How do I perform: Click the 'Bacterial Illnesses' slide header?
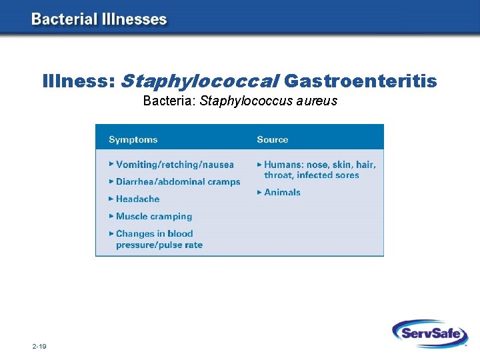click(x=99, y=19)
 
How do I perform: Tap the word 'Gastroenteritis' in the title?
click(x=361, y=81)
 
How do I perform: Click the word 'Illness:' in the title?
click(x=79, y=81)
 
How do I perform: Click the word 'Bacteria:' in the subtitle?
click(x=169, y=101)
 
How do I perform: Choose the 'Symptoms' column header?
click(x=133, y=139)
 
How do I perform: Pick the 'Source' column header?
click(x=273, y=139)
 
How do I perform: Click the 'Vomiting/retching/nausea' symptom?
click(x=175, y=165)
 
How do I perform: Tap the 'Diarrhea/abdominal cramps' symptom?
click(x=178, y=181)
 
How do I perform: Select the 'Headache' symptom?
click(x=138, y=199)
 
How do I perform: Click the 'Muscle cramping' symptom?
click(x=154, y=216)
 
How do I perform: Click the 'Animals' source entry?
click(x=283, y=192)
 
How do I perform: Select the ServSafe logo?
click(x=429, y=333)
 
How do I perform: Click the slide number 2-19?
click(x=39, y=347)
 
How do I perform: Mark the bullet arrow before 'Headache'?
click(x=111, y=199)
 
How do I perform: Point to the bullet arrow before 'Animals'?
click(x=259, y=192)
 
